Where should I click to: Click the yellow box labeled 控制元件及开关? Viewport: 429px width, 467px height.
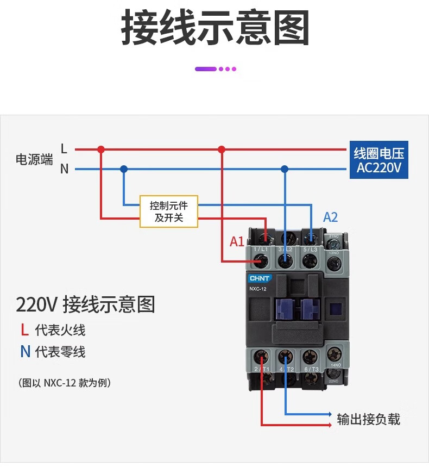pyautogui.click(x=169, y=211)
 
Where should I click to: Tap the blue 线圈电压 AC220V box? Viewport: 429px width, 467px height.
pyautogui.click(x=378, y=160)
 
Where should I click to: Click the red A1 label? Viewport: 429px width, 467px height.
pyautogui.click(x=237, y=241)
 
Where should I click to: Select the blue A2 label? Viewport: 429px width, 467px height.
pyautogui.click(x=330, y=217)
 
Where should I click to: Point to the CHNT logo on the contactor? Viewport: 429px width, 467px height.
pyautogui.click(x=260, y=278)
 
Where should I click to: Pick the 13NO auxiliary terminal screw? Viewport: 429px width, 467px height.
pyautogui.click(x=335, y=264)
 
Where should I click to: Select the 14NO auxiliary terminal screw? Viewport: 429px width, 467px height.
pyautogui.click(x=333, y=353)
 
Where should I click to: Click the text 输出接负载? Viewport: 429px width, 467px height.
pyautogui.click(x=368, y=419)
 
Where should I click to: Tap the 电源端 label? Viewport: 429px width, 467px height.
pyautogui.click(x=35, y=159)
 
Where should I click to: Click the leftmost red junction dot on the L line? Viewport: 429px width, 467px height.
pyautogui.click(x=100, y=149)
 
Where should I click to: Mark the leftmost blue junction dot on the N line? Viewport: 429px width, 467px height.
pyautogui.click(x=124, y=169)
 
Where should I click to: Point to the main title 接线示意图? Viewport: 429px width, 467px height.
pyautogui.click(x=214, y=28)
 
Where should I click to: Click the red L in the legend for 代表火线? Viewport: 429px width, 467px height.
pyautogui.click(x=24, y=329)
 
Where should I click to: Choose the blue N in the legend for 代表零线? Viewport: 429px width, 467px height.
pyautogui.click(x=25, y=352)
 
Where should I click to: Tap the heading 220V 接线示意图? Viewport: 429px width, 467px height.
pyautogui.click(x=85, y=304)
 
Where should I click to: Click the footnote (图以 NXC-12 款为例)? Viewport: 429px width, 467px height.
pyautogui.click(x=65, y=383)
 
